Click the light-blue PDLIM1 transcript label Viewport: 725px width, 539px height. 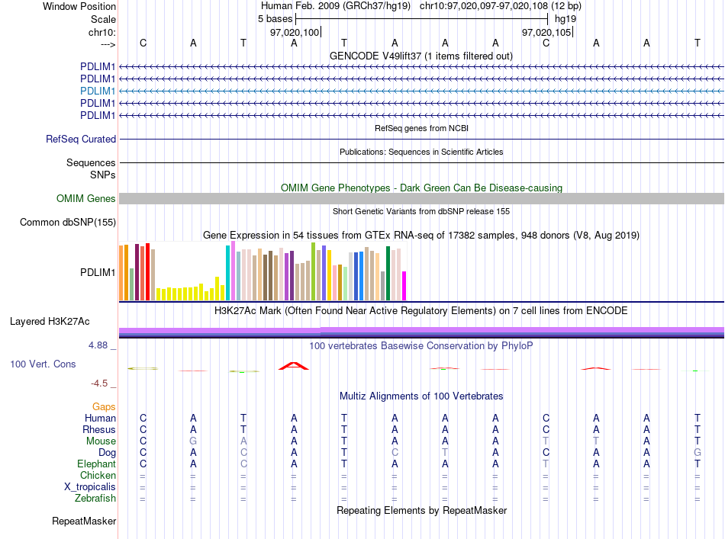(98, 91)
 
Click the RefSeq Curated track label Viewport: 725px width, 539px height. (81, 139)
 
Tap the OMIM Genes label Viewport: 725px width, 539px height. (86, 199)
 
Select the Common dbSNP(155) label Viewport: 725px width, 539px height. (68, 222)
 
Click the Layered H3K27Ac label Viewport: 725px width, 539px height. (50, 322)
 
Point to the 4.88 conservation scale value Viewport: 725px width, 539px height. (98, 345)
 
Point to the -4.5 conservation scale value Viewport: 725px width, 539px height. (99, 383)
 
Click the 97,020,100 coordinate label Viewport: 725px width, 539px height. (295, 32)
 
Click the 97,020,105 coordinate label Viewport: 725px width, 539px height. (546, 32)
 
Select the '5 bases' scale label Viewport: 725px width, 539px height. (275, 19)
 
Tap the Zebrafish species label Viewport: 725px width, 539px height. (95, 499)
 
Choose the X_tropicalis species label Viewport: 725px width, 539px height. (90, 487)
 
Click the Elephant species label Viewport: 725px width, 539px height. (97, 464)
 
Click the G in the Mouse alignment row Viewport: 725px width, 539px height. (193, 441)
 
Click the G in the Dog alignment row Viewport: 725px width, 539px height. (698, 453)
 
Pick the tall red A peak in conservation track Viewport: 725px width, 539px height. (294, 366)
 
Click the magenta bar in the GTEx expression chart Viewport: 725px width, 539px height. (404, 286)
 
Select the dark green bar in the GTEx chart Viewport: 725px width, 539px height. (388, 274)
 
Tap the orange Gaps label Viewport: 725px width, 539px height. (104, 406)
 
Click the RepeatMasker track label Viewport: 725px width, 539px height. (84, 521)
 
